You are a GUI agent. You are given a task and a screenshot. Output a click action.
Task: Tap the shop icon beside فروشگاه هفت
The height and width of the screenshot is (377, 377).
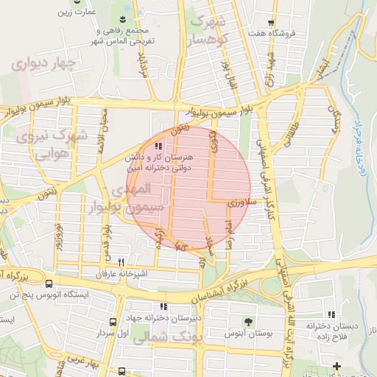[x=272, y=23]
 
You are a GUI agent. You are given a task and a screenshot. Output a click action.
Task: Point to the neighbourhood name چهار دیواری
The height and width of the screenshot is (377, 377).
[x=43, y=64]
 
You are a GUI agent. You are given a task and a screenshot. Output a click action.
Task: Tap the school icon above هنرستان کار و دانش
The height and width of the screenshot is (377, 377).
[x=159, y=146]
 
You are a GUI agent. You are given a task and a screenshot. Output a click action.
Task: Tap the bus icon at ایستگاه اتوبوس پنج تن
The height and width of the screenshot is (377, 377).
[x=49, y=283]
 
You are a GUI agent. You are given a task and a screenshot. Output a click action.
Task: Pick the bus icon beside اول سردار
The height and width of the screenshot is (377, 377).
[x=113, y=322]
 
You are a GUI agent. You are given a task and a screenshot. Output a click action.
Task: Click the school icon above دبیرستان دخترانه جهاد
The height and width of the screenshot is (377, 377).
[x=163, y=307]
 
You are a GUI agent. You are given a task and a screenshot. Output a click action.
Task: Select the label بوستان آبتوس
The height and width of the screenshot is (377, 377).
[x=248, y=333]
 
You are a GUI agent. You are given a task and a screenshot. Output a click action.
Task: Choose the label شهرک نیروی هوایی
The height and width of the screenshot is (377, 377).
[x=53, y=144]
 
